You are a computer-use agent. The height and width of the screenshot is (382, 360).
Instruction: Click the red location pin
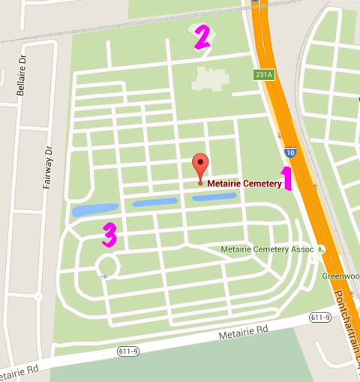[x=199, y=166]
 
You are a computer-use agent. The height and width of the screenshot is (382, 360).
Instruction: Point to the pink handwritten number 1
[x=285, y=179]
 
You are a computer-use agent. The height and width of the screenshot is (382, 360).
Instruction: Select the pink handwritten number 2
[x=201, y=37]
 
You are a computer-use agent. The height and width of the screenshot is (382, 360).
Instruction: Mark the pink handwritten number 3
[x=109, y=234]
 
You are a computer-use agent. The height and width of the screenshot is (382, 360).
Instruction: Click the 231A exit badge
[x=262, y=75]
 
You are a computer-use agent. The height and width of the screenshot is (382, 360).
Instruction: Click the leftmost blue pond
[x=94, y=210]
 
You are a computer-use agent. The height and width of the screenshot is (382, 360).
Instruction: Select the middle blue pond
[x=154, y=202]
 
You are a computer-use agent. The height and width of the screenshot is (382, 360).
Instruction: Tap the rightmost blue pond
[x=214, y=197]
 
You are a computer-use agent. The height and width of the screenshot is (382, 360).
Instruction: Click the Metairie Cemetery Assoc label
[x=268, y=249]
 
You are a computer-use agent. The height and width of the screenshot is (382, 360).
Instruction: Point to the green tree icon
[x=321, y=249]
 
